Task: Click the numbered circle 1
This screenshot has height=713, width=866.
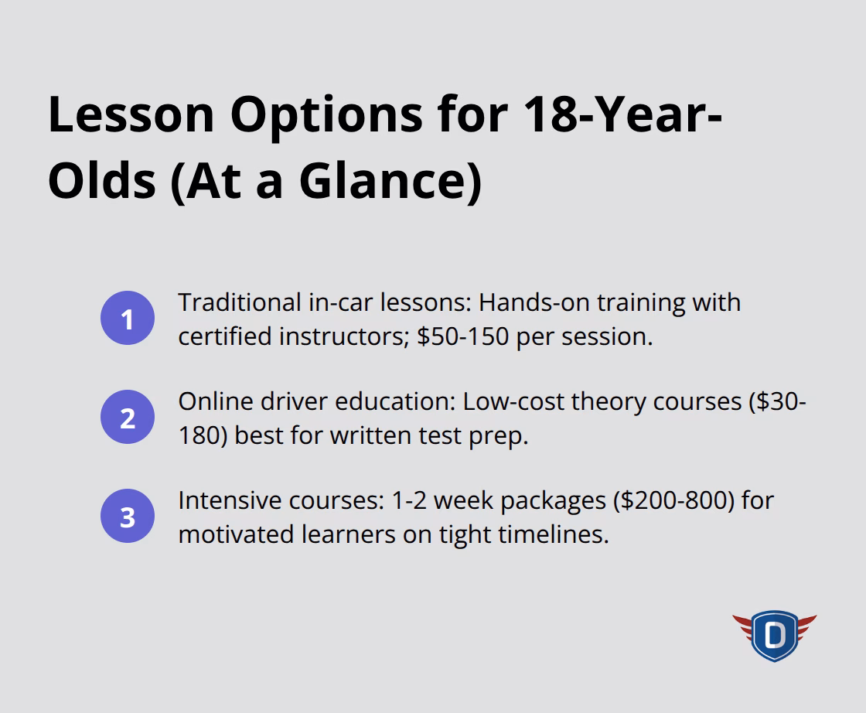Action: [128, 319]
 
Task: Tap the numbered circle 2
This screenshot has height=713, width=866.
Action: [128, 418]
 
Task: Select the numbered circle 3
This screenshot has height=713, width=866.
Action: [128, 517]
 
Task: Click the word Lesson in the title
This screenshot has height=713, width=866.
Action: [131, 114]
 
